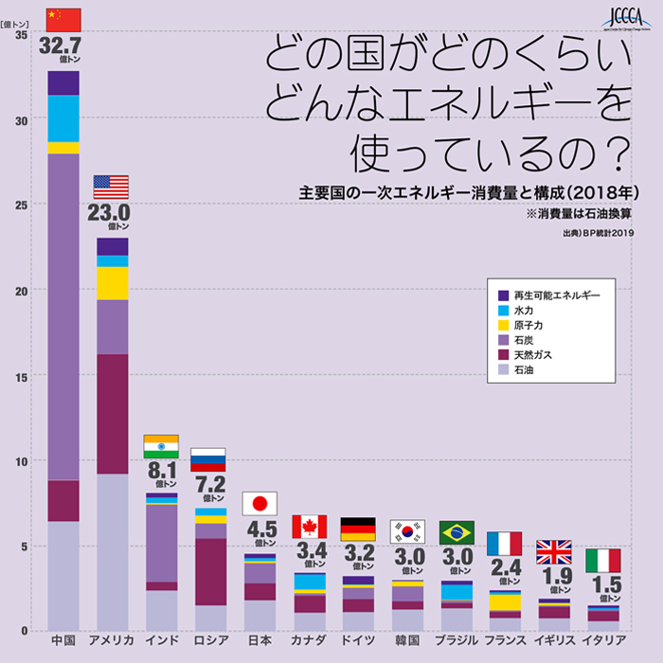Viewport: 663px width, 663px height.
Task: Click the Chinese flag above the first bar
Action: (x=63, y=19)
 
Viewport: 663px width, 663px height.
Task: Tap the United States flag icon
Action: (x=111, y=187)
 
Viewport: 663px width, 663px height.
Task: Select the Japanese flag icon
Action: (x=259, y=503)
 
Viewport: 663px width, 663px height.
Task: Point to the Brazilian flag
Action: (x=457, y=531)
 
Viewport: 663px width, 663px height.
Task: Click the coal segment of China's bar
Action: (x=63, y=317)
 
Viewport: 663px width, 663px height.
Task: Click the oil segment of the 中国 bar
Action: (x=63, y=576)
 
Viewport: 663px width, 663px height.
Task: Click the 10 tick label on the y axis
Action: (x=21, y=461)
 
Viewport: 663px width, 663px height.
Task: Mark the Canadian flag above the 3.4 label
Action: (x=309, y=527)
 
